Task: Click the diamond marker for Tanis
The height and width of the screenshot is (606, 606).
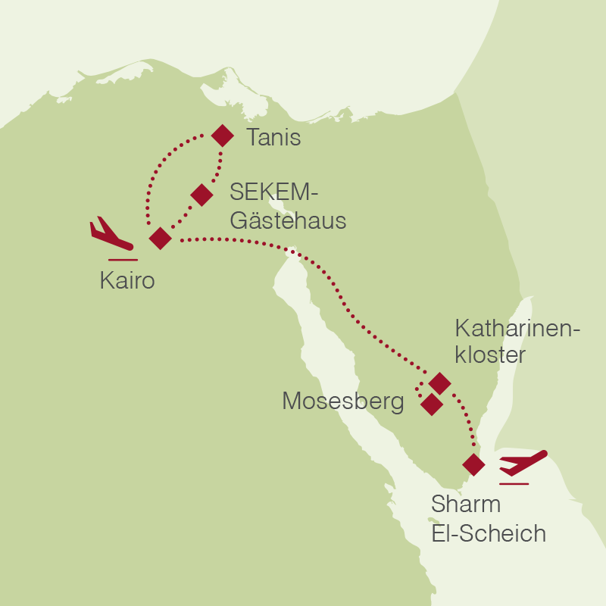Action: pos(222,136)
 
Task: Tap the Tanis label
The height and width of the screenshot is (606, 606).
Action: pos(273,138)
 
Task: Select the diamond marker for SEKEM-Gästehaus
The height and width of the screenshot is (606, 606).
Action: pos(201,195)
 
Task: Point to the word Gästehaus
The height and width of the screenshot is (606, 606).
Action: pos(288,221)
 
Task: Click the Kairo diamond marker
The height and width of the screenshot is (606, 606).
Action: pos(161,238)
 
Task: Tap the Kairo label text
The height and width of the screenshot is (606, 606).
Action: pos(127,282)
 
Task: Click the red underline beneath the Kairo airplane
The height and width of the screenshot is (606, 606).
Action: pos(123,260)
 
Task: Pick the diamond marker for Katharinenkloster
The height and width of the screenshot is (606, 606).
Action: pos(439,383)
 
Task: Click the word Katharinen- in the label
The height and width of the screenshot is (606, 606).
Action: pos(517,329)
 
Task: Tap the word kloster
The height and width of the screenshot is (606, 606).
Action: pos(490,355)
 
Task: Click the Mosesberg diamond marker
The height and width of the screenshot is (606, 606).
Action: pos(431,405)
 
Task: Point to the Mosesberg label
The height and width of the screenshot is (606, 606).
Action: pos(342,401)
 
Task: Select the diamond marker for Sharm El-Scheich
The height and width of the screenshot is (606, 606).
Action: pos(473,464)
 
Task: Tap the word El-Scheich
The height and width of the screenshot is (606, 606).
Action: pos(489,533)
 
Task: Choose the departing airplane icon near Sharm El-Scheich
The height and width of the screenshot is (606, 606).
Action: pos(523,461)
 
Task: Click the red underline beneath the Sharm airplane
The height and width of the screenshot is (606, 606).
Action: pos(514,483)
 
